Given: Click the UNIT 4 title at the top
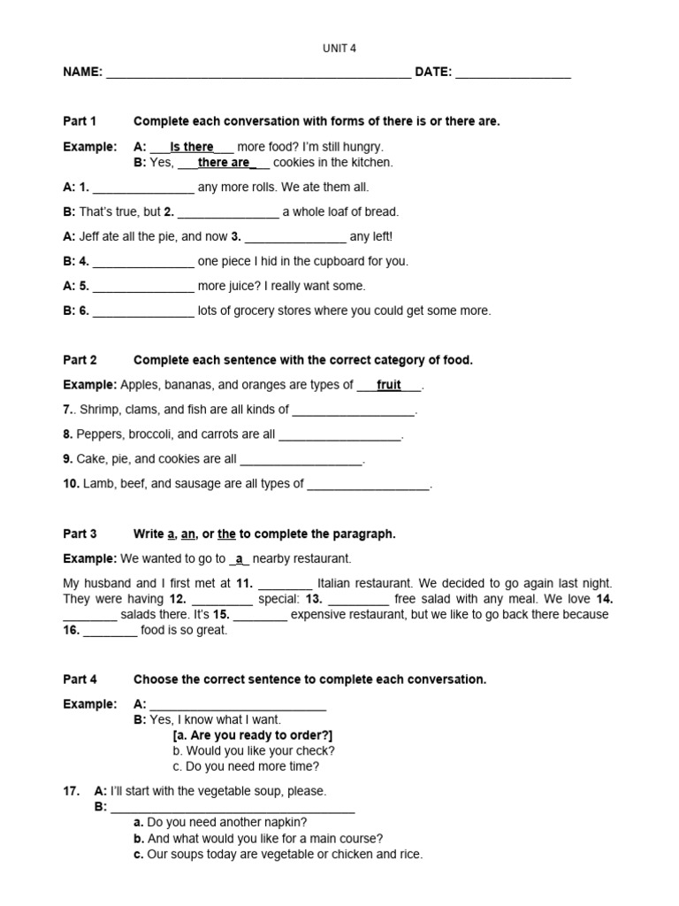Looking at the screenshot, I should (x=339, y=49).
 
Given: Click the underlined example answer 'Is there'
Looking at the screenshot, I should (x=192, y=147).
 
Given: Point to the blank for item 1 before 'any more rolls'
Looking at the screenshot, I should (x=142, y=188).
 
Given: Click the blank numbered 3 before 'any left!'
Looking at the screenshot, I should (x=294, y=237).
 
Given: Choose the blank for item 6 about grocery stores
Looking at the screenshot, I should (x=142, y=311).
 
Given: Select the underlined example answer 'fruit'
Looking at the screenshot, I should (x=389, y=385).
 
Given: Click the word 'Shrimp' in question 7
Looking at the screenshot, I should (x=98, y=410).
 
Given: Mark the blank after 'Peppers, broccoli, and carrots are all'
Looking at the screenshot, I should (x=340, y=434).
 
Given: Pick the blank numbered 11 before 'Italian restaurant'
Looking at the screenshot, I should (x=286, y=584).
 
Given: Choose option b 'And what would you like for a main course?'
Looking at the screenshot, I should (x=258, y=839).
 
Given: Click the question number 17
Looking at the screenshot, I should (x=72, y=791).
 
